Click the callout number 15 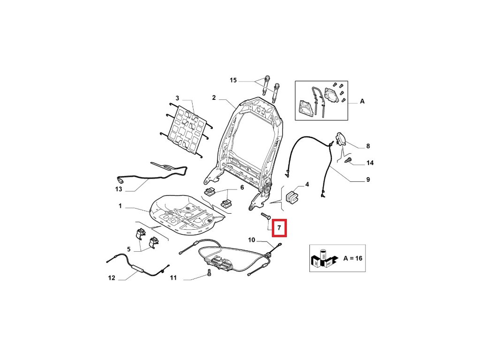click(x=233, y=81)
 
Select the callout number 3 click(x=177, y=98)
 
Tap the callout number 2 click(x=214, y=98)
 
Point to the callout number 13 click(x=119, y=189)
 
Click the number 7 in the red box click(x=278, y=228)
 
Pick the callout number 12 click(x=112, y=278)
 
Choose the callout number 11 click(x=173, y=278)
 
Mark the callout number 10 click(x=252, y=240)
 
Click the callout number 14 click(x=370, y=163)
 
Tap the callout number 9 click(x=368, y=179)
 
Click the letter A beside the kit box click(x=361, y=101)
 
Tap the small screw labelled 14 click(x=348, y=161)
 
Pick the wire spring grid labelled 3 click(x=187, y=129)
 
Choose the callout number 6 click(x=242, y=187)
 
